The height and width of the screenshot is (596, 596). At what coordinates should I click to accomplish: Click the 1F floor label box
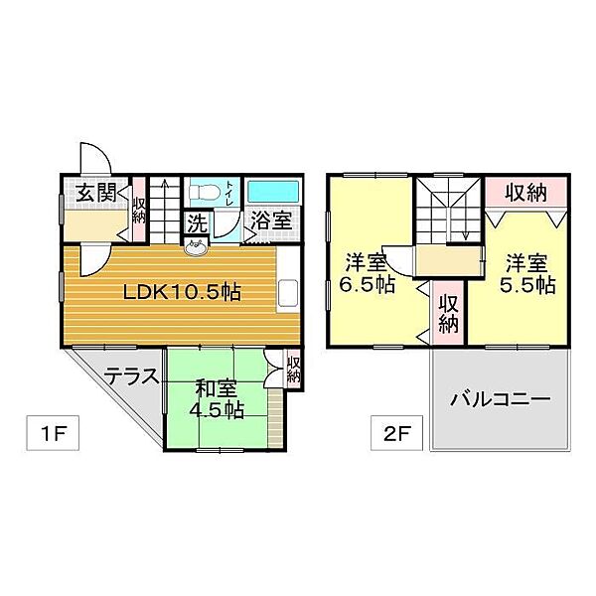coord(53,433)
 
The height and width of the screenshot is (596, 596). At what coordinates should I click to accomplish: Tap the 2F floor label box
coord(396,433)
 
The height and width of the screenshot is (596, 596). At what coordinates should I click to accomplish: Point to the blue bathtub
coord(273,192)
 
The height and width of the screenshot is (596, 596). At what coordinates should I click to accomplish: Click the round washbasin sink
coord(196,247)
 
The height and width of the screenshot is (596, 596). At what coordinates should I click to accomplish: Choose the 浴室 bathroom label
coord(271,221)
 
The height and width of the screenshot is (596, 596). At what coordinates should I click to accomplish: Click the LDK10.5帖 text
coord(182,292)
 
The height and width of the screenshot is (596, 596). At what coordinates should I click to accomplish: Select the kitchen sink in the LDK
coord(288,293)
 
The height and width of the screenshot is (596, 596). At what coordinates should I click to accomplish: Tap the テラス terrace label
coord(131,376)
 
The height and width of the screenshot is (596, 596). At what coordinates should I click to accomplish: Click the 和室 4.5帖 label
coord(217,398)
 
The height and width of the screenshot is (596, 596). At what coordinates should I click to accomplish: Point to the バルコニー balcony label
coord(501,399)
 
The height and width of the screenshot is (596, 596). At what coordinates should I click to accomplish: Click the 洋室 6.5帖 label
coord(367,273)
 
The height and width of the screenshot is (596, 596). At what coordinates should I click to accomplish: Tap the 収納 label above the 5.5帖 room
coord(525,193)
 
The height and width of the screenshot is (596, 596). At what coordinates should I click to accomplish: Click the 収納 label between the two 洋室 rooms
coord(449,314)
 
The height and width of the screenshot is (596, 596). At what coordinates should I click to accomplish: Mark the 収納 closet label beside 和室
coord(294,370)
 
